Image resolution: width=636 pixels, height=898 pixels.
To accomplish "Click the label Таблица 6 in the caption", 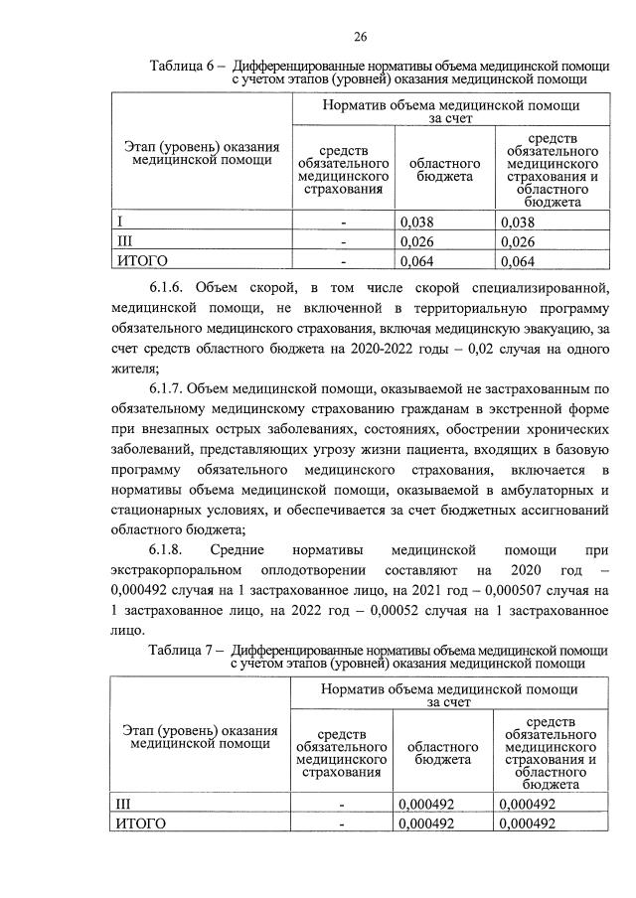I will point(182,66).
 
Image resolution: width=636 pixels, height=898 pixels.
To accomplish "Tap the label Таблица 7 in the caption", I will point(181,652).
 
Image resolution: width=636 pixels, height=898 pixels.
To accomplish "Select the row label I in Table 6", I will point(120,223).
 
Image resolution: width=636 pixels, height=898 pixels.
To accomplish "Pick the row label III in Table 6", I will point(125,241).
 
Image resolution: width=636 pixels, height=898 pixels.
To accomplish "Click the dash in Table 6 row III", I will point(343,241).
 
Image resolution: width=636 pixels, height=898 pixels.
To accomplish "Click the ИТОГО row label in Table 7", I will point(139,823).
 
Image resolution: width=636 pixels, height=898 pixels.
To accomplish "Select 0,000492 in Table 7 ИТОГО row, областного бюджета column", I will point(425,823).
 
